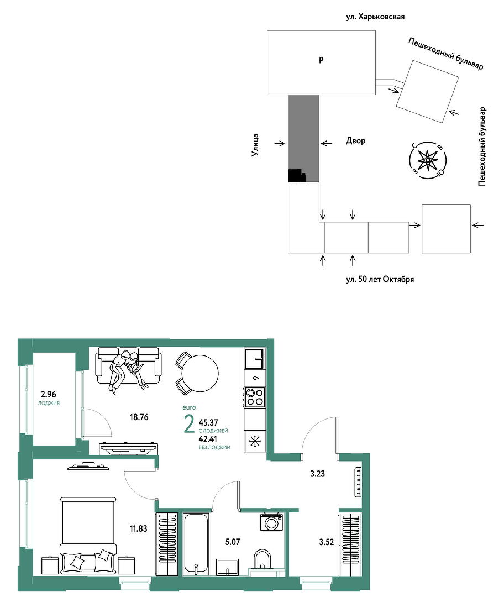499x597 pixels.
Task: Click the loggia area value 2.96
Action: tap(48, 394)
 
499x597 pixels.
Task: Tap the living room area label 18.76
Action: tap(139, 417)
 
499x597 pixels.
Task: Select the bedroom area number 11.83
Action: tap(138, 528)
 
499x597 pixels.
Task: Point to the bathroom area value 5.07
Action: tap(233, 542)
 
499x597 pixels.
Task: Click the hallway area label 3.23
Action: tap(317, 474)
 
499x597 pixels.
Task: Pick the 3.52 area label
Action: tap(326, 542)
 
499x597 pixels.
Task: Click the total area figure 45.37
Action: tap(208, 423)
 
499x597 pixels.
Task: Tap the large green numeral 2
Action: tap(189, 425)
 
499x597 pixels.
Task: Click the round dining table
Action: tap(200, 374)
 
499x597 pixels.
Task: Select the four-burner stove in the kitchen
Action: tap(255, 397)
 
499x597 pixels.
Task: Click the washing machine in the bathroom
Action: tap(272, 522)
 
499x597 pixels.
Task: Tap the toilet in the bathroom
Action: tap(262, 559)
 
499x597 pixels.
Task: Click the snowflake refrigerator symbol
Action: tap(255, 441)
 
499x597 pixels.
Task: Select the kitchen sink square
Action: tap(255, 359)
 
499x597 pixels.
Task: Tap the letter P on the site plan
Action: tap(321, 60)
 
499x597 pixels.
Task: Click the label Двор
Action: tap(355, 141)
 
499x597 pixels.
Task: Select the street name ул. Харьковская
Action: tap(375, 17)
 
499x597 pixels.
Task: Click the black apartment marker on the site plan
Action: tap(297, 176)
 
